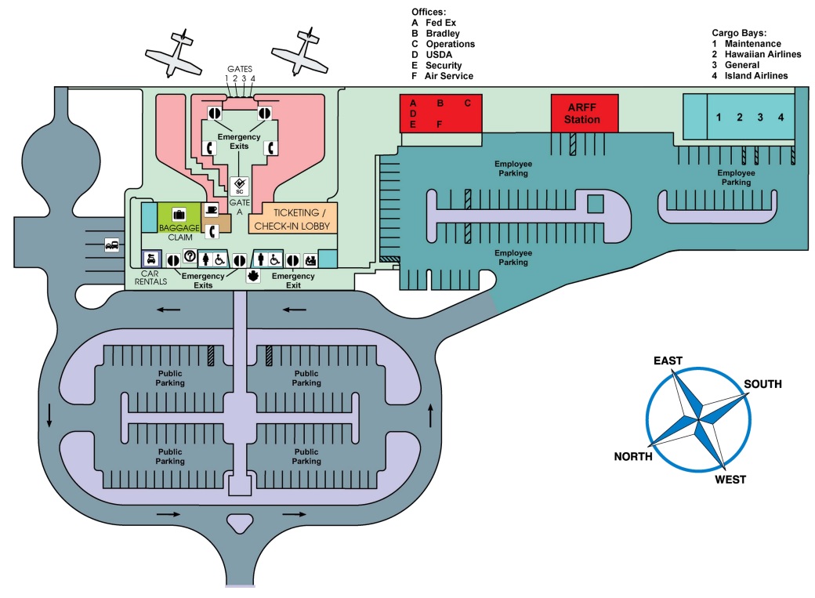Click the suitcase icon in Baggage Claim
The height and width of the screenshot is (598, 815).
pos(178,214)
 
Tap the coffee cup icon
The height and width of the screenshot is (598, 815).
pos(211,210)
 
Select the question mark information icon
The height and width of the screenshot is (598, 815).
pos(189,256)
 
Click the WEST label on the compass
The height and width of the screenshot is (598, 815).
pos(730,479)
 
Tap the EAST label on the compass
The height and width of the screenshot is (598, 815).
pos(668,360)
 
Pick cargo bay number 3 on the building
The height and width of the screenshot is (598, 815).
pos(759,118)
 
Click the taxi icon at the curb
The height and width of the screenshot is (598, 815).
pos(110,245)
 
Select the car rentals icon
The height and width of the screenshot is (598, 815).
pos(150,259)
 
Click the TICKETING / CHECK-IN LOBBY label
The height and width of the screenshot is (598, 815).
pos(293,219)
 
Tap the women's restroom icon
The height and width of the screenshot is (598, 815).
pos(205,259)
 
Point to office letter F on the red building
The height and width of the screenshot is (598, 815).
pos(439,124)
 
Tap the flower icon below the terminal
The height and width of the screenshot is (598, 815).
pos(252,277)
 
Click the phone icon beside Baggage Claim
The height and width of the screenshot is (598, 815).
pos(210,231)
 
